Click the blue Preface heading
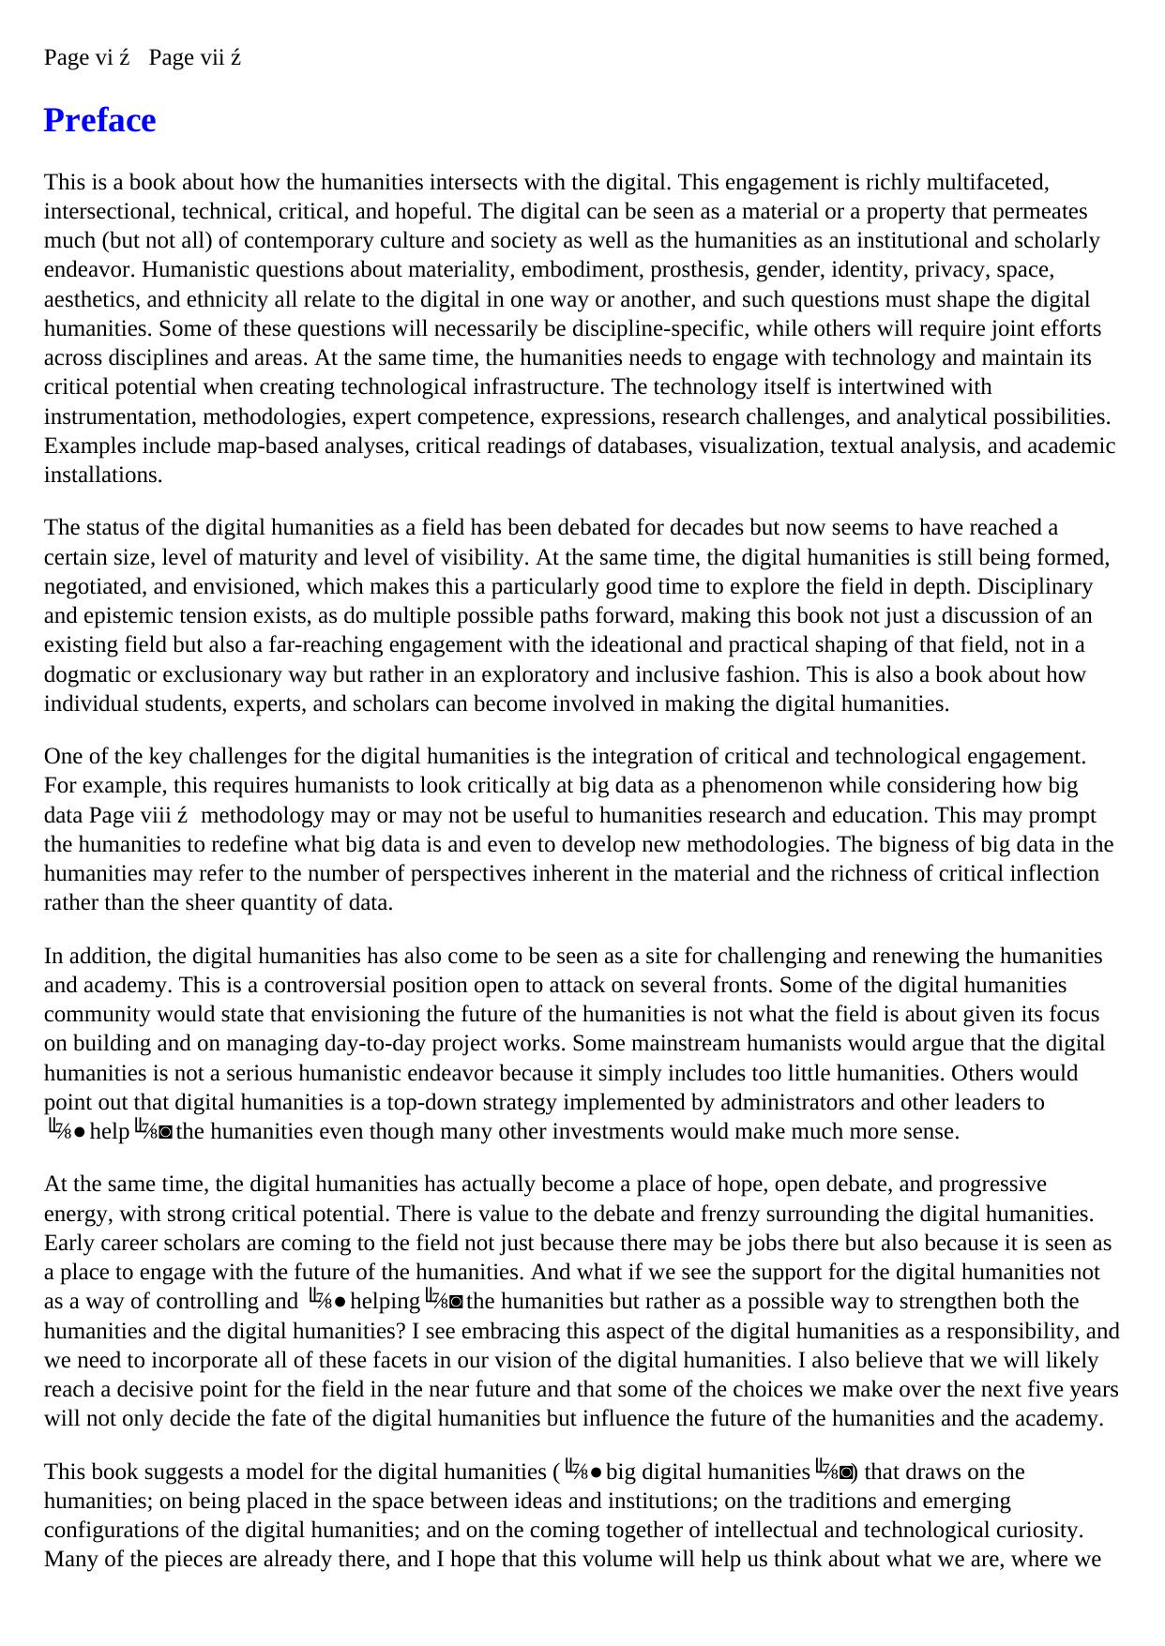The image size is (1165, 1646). pos(99,121)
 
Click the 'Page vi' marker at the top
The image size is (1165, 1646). pos(79,58)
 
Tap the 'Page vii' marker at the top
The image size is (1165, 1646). pos(187,58)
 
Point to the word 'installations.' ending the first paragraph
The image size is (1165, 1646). pos(103,476)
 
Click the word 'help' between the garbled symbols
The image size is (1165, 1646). pos(109,1132)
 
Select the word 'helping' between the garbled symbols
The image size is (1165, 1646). pos(385,1302)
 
